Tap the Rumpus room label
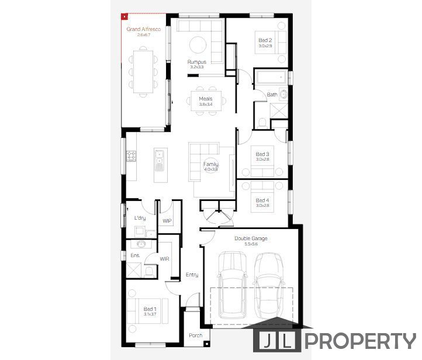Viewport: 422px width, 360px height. (196, 61)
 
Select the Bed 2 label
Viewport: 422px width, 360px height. (265, 40)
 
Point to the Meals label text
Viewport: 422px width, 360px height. (205, 99)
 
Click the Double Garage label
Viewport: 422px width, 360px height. (250, 238)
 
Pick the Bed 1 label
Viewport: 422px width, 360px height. (150, 309)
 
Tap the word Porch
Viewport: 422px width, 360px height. (195, 335)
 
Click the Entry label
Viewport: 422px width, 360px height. (192, 275)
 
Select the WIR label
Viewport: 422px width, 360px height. (165, 258)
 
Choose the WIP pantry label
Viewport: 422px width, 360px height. (167, 221)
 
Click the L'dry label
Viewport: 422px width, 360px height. (140, 218)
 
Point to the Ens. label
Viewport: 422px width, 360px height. (134, 255)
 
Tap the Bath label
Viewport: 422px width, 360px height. (272, 95)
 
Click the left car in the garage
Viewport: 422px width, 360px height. (232, 290)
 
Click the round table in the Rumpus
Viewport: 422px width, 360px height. (198, 44)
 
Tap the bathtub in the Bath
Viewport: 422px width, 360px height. (271, 78)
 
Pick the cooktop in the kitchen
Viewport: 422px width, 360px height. (132, 156)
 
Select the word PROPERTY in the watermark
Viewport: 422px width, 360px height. (361, 341)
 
